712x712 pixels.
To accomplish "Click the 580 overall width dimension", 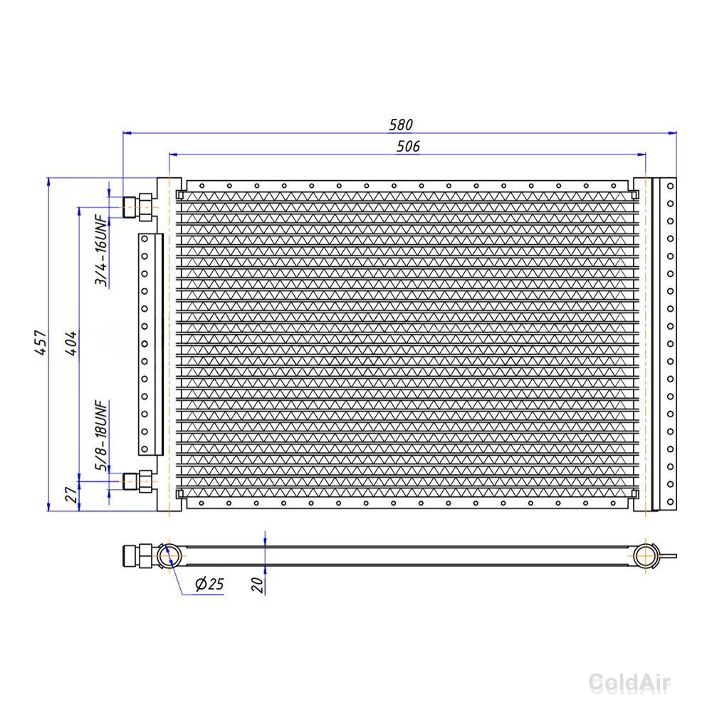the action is click(400, 125).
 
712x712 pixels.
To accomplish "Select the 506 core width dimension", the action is click(408, 146).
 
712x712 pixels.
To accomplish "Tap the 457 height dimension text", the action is click(41, 342).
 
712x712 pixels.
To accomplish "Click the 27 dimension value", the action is click(71, 495).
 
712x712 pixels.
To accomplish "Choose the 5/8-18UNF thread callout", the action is click(101, 436).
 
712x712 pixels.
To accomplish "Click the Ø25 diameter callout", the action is click(209, 584).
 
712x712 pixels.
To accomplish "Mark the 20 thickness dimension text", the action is click(258, 585).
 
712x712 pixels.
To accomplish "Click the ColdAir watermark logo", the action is click(629, 683).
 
